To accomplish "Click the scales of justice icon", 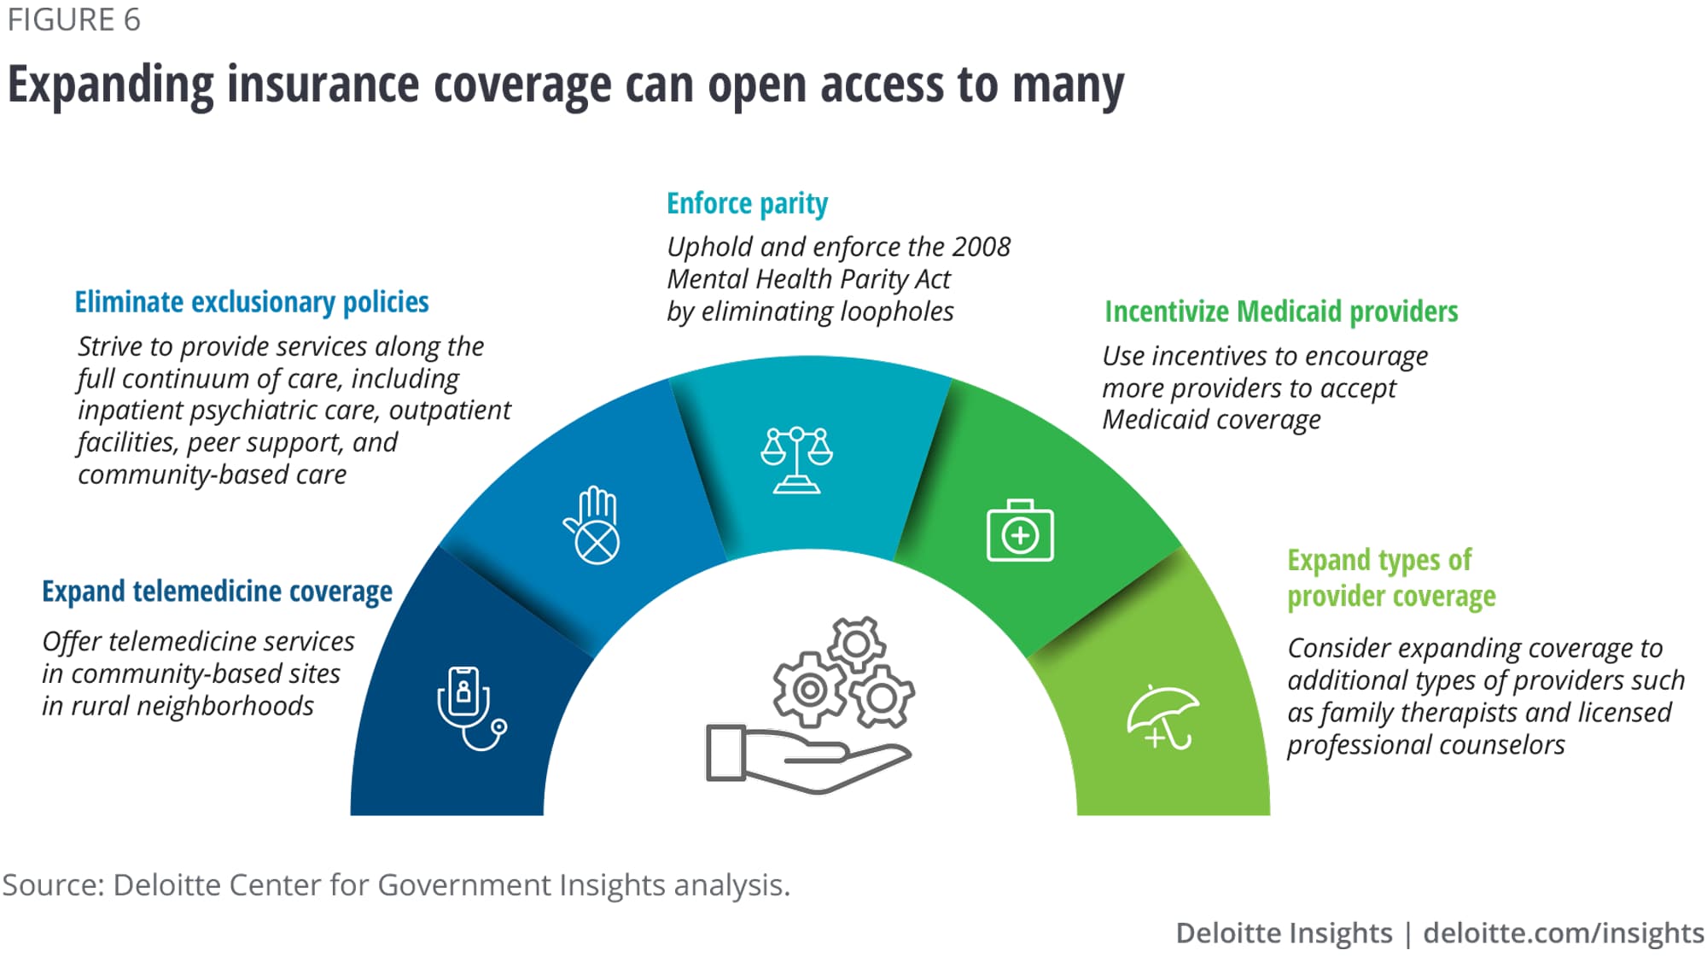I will [x=796, y=459].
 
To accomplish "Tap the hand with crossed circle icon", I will [x=591, y=525].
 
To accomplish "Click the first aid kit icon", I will [x=1020, y=530].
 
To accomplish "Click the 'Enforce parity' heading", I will [x=747, y=203].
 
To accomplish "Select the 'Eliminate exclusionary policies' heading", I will [x=252, y=302].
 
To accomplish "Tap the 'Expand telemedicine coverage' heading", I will [x=217, y=591].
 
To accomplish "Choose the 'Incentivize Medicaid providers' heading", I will [x=1281, y=312].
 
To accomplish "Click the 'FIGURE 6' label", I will [x=74, y=20].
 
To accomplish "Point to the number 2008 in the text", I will [x=982, y=247].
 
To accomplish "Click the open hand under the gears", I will [x=807, y=758].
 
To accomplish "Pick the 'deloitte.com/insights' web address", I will [x=1564, y=933].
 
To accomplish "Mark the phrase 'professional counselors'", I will [x=1426, y=745].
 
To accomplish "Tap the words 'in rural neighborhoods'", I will [x=178, y=706].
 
